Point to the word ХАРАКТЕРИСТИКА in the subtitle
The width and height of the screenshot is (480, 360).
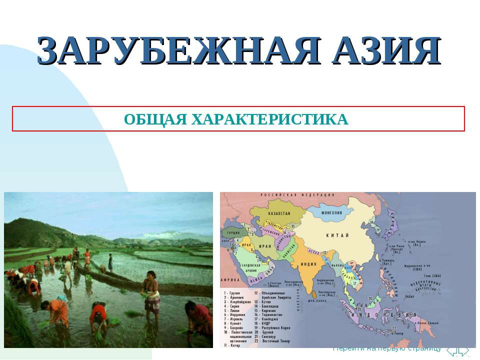270,120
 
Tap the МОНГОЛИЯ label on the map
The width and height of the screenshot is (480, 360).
332,212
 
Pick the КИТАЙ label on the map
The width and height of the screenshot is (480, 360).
333,235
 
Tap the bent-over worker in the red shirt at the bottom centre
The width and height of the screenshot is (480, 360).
98,317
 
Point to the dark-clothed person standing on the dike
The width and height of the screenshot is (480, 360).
110,262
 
